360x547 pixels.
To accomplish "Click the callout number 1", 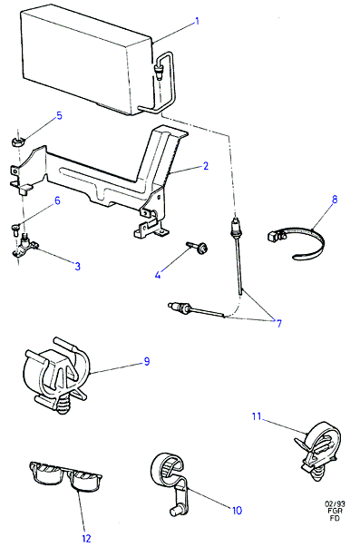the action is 197,21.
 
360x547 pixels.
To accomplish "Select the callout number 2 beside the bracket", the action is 206,166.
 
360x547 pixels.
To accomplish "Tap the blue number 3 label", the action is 77,266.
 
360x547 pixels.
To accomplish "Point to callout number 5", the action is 59,115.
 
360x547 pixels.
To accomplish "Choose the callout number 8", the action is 335,200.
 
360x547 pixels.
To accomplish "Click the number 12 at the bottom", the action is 86,538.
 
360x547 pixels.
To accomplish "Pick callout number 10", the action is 237,511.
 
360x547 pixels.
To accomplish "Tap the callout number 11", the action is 257,416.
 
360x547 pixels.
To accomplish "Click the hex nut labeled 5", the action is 17,142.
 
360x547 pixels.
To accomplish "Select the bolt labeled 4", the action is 198,247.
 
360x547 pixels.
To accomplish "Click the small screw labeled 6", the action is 15,229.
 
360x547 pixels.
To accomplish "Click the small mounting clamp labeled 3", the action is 24,246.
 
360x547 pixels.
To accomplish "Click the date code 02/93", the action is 335,503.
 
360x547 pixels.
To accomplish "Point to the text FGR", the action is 335,511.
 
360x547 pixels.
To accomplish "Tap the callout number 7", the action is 278,324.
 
